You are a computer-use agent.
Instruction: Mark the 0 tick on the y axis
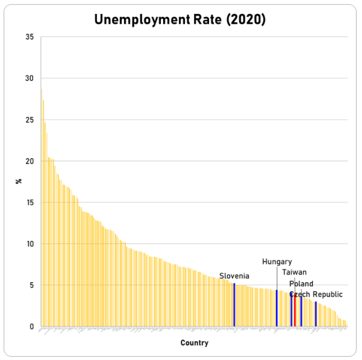tap(32, 327)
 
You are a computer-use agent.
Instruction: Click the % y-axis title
tap(19, 182)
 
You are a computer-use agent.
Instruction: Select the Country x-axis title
tap(194, 343)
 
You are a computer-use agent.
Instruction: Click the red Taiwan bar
tap(295, 310)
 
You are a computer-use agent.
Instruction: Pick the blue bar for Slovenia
tap(234, 305)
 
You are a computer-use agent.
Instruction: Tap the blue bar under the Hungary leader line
tap(276, 308)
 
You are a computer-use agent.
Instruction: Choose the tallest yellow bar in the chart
tap(41, 208)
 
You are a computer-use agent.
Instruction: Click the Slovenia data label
tap(234, 276)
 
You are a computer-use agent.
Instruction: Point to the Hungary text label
tap(277, 262)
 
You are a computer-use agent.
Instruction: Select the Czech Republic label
tap(316, 294)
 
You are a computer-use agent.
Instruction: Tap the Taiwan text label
tap(295, 272)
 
